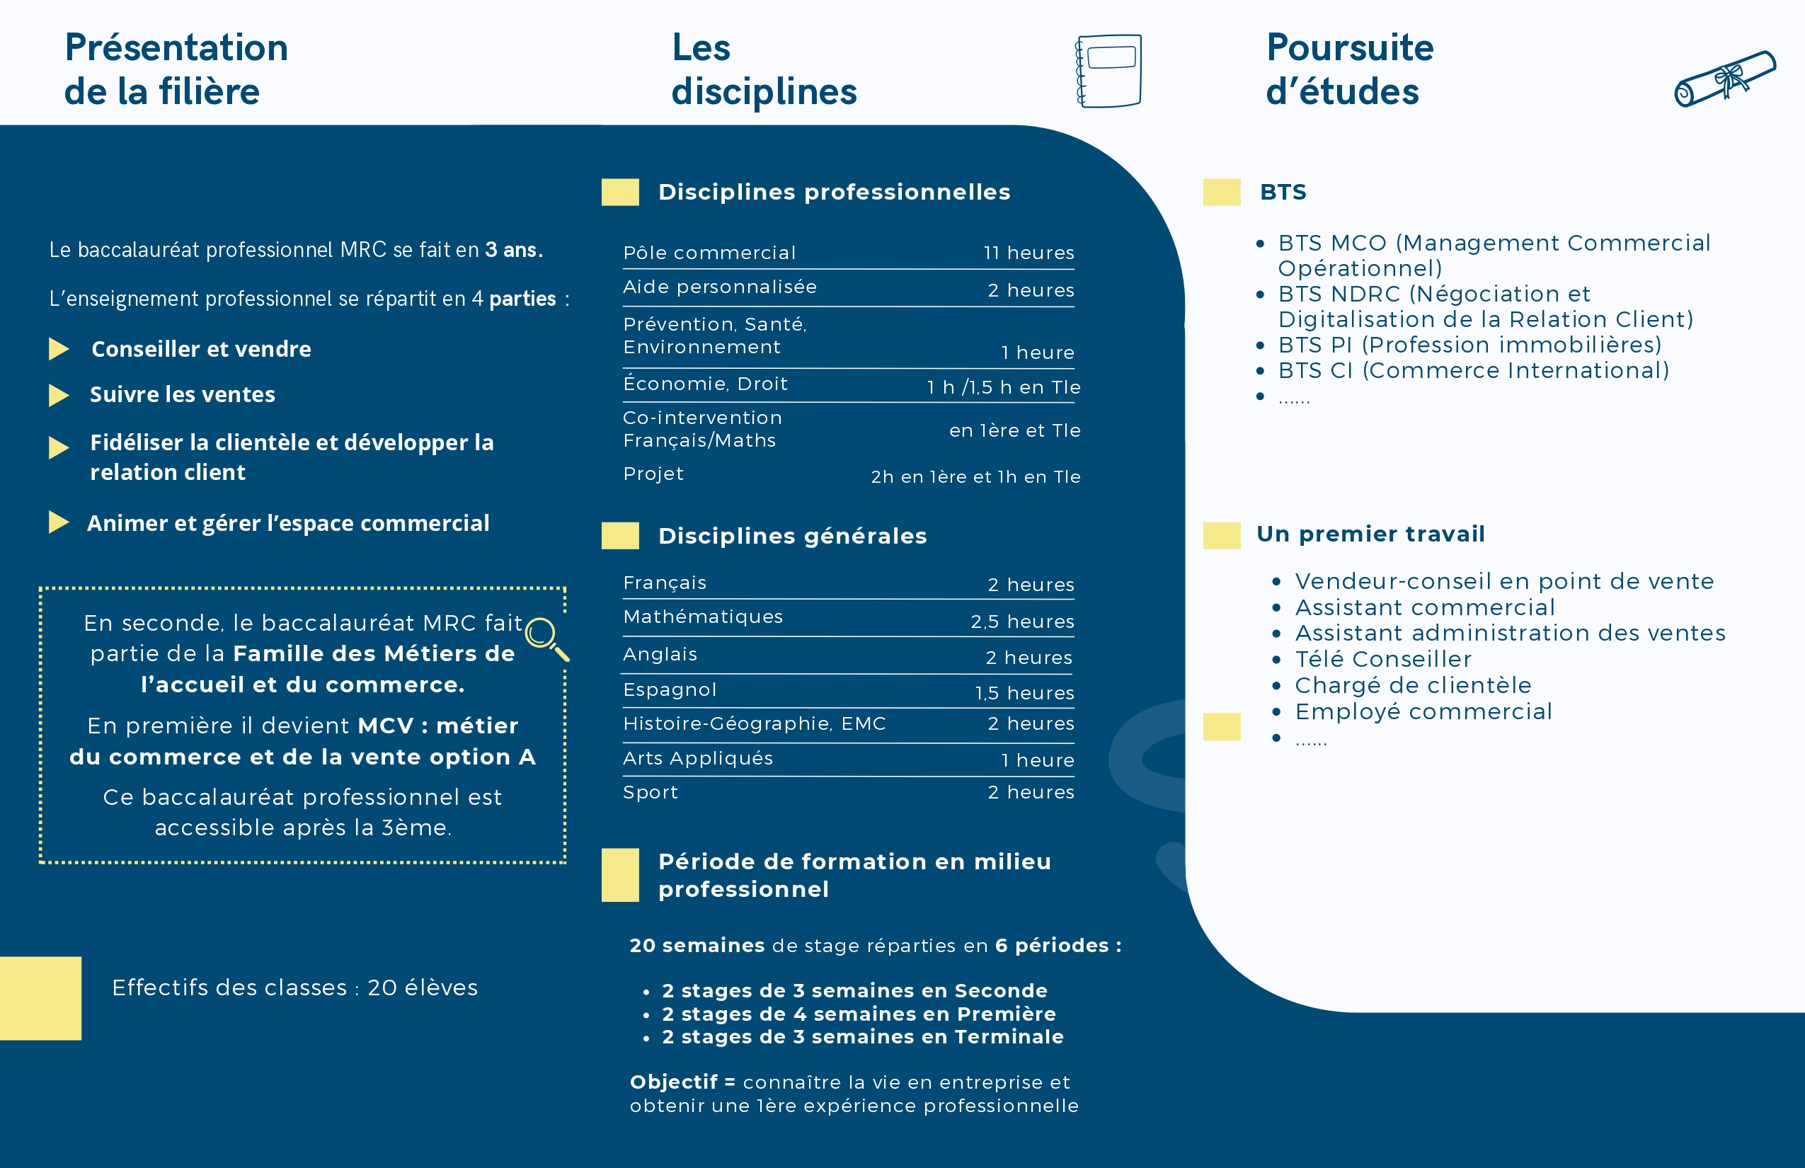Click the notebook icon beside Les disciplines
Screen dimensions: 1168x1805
tap(1108, 71)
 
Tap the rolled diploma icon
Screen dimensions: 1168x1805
tap(1724, 79)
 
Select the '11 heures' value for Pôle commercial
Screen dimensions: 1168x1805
tap(1028, 253)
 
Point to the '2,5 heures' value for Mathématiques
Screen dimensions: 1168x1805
tap(1021, 622)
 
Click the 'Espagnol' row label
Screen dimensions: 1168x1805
tap(669, 689)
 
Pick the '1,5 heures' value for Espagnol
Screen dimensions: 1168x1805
tap(1024, 693)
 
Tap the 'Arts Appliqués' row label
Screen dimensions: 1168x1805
tap(698, 758)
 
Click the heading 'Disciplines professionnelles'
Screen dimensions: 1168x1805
tap(834, 192)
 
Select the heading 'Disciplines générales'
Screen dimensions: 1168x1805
tap(792, 537)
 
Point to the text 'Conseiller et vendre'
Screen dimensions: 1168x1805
tap(201, 349)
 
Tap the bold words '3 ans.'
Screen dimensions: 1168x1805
tap(513, 249)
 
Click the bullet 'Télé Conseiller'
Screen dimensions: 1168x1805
tap(1382, 659)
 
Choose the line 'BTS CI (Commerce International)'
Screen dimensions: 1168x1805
tap(1473, 370)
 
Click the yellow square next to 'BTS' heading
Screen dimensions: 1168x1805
tap(1221, 192)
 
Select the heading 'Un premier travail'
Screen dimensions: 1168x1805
tap(1370, 534)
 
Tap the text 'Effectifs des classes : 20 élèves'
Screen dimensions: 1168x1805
tap(294, 987)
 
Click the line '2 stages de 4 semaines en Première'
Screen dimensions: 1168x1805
tap(858, 1014)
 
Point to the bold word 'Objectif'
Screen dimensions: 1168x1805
tap(672, 1082)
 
